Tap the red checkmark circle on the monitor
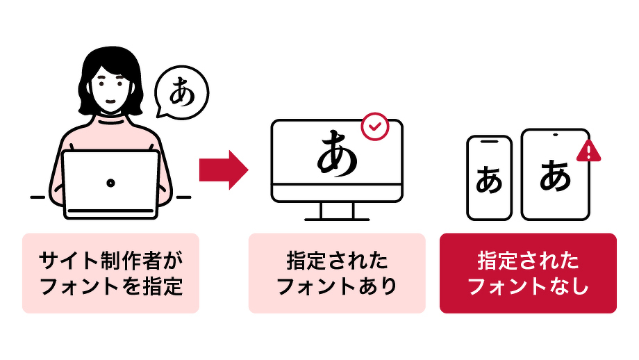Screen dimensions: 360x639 [x=375, y=126]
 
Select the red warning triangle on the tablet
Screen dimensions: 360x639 [x=589, y=151]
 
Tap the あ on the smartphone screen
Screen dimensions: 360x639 [x=489, y=181]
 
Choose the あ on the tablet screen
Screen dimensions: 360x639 [x=555, y=175]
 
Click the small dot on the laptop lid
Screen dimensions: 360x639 [x=110, y=182]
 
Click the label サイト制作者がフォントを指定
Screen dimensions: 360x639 [x=110, y=273]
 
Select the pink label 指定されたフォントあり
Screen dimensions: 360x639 [x=337, y=273]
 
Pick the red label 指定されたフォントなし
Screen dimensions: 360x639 [x=528, y=273]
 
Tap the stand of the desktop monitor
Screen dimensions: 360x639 [x=337, y=210]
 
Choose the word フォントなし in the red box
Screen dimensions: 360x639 [x=528, y=286]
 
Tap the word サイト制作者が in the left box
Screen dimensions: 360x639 [x=110, y=261]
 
